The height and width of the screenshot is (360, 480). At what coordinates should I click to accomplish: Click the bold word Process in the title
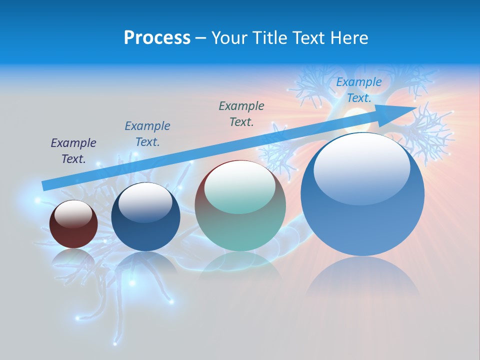tap(157, 38)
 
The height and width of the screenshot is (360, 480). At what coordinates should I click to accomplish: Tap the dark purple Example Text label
tap(73, 151)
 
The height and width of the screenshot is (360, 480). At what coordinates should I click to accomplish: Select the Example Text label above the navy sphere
tap(147, 134)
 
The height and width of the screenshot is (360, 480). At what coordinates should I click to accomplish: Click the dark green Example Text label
tap(241, 114)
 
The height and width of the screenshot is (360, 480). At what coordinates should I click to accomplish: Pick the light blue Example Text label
tap(359, 90)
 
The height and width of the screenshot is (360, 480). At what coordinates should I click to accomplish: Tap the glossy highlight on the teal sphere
tap(240, 187)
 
